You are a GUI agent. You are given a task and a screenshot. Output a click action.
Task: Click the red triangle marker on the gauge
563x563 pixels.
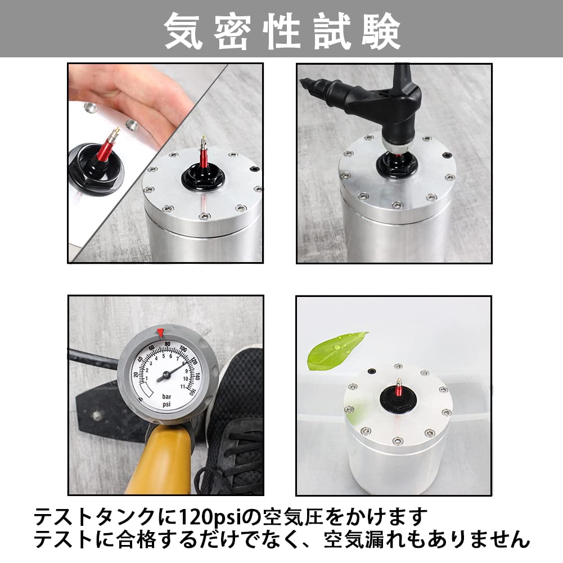[x=160, y=333]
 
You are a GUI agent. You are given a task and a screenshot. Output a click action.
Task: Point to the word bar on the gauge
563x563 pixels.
[x=166, y=397]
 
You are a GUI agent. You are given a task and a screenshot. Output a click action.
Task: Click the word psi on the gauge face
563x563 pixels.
[x=166, y=404]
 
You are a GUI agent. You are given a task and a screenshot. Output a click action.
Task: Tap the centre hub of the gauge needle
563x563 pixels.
[x=166, y=376]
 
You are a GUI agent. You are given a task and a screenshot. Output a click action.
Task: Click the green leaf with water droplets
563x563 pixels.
[x=336, y=350]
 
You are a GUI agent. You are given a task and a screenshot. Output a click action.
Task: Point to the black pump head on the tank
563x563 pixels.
[x=377, y=104]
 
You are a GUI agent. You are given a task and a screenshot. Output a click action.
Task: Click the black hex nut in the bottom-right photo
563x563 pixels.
[x=398, y=399]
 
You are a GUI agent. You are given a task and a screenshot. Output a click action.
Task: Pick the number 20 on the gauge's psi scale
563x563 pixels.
[x=136, y=375]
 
